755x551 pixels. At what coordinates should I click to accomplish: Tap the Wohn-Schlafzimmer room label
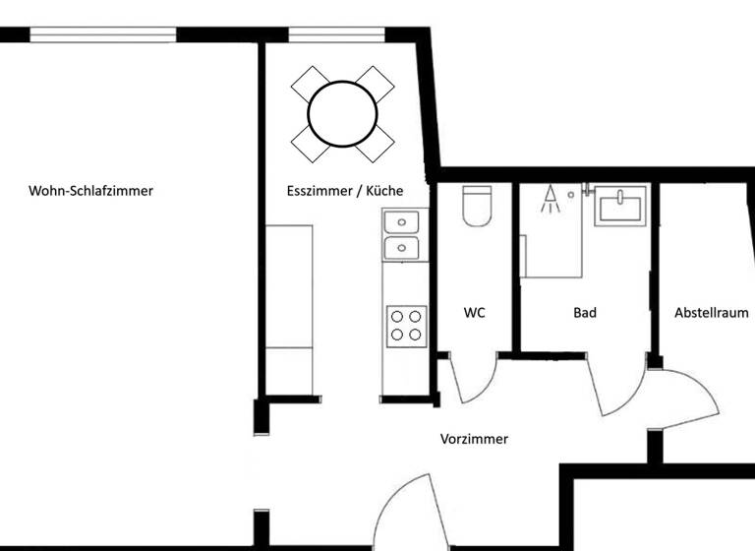[x=91, y=191]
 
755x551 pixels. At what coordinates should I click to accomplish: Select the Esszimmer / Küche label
[x=344, y=191]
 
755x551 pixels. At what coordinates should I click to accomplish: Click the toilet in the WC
[x=476, y=207]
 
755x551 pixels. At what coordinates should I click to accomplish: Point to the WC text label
[x=475, y=313]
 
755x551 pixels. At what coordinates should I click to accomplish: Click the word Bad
[x=585, y=313]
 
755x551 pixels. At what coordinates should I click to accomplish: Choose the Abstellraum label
[x=711, y=313]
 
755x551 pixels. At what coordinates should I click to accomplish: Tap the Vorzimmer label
[x=474, y=439]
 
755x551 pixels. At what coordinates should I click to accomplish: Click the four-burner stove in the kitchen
[x=406, y=326]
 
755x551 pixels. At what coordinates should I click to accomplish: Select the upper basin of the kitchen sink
[x=400, y=222]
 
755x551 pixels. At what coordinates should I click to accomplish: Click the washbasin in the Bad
[x=621, y=208]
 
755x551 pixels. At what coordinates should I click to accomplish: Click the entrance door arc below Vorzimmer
[x=407, y=506]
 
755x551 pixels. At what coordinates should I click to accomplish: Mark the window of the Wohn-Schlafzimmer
[x=103, y=34]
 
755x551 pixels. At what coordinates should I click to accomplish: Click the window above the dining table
[x=336, y=35]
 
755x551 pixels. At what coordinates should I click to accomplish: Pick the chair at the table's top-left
[x=309, y=83]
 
